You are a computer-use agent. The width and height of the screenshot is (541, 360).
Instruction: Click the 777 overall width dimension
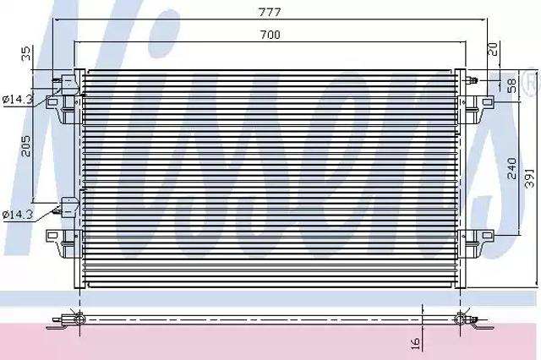[270, 12]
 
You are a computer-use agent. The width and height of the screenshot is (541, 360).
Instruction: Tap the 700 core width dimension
[270, 35]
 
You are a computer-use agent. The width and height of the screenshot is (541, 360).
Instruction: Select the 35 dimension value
[26, 54]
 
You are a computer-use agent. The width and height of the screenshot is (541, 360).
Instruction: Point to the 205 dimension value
[26, 146]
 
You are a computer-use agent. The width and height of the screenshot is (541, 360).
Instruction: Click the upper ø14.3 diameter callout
[17, 100]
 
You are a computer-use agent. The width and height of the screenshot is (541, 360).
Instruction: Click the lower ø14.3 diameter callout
[17, 215]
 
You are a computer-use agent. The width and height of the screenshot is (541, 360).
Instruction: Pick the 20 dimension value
[494, 49]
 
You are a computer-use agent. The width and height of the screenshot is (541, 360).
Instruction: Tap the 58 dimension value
[512, 85]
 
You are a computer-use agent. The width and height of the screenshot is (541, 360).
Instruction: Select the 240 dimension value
[512, 168]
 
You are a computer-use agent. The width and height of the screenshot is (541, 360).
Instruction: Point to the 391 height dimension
[530, 177]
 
